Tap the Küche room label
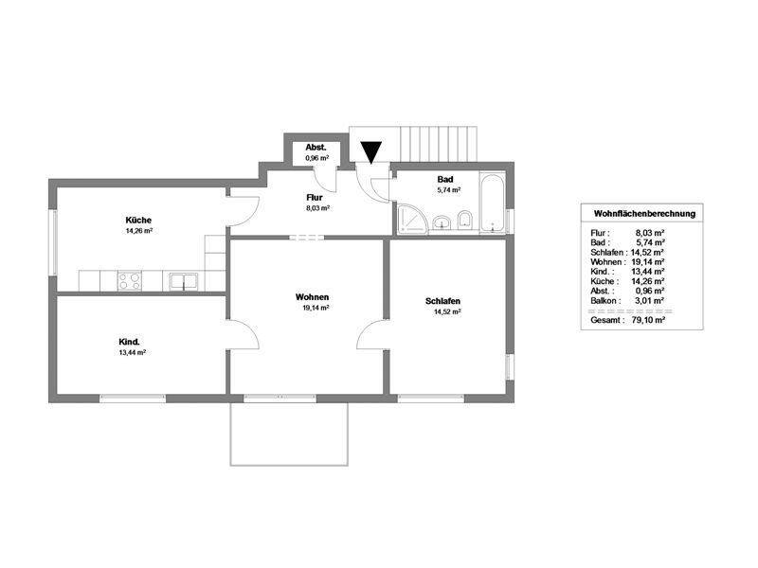pyautogui.click(x=138, y=221)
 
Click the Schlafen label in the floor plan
pyautogui.click(x=442, y=301)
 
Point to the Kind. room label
pyautogui.click(x=129, y=342)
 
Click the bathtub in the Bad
pyautogui.click(x=493, y=203)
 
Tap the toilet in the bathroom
pyautogui.click(x=465, y=221)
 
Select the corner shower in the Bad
pyautogui.click(x=411, y=220)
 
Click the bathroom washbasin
pyautogui.click(x=442, y=222)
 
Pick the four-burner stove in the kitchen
pyautogui.click(x=130, y=280)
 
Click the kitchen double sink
pyautogui.click(x=183, y=281)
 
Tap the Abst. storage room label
pyautogui.click(x=316, y=148)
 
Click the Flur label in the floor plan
pyautogui.click(x=315, y=198)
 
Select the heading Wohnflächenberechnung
pyautogui.click(x=644, y=214)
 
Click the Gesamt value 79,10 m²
pyautogui.click(x=648, y=320)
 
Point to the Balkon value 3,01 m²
pyautogui.click(x=649, y=300)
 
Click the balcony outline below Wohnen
pyautogui.click(x=289, y=465)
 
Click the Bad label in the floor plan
pyautogui.click(x=445, y=179)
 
